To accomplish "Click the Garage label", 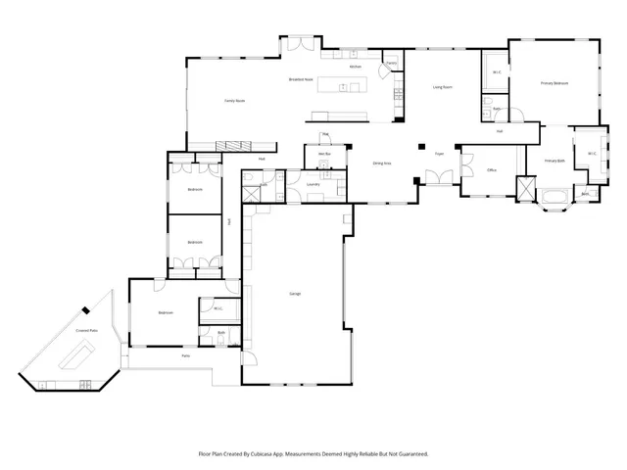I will (x=294, y=294).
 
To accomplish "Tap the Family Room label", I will (x=234, y=100).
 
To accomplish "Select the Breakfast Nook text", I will (x=301, y=78).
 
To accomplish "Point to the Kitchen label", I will (x=356, y=67).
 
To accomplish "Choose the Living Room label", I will (x=442, y=87).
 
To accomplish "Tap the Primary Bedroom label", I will (x=555, y=83).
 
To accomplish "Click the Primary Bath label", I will (x=555, y=160).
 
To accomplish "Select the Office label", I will (x=492, y=169).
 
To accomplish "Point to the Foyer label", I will (x=440, y=154).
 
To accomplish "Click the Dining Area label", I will (x=382, y=164).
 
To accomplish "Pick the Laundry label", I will (x=313, y=184).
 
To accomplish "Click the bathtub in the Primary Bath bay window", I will (x=555, y=204).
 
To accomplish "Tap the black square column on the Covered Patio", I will (x=86, y=310).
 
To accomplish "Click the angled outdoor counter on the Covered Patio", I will (x=71, y=360).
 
